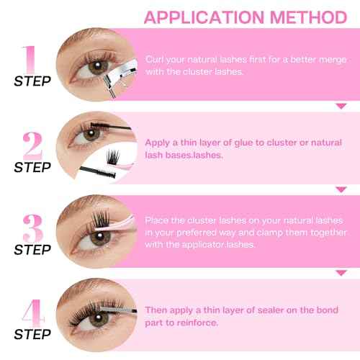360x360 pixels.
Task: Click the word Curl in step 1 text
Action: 154,58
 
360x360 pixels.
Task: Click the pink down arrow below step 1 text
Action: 341,106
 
